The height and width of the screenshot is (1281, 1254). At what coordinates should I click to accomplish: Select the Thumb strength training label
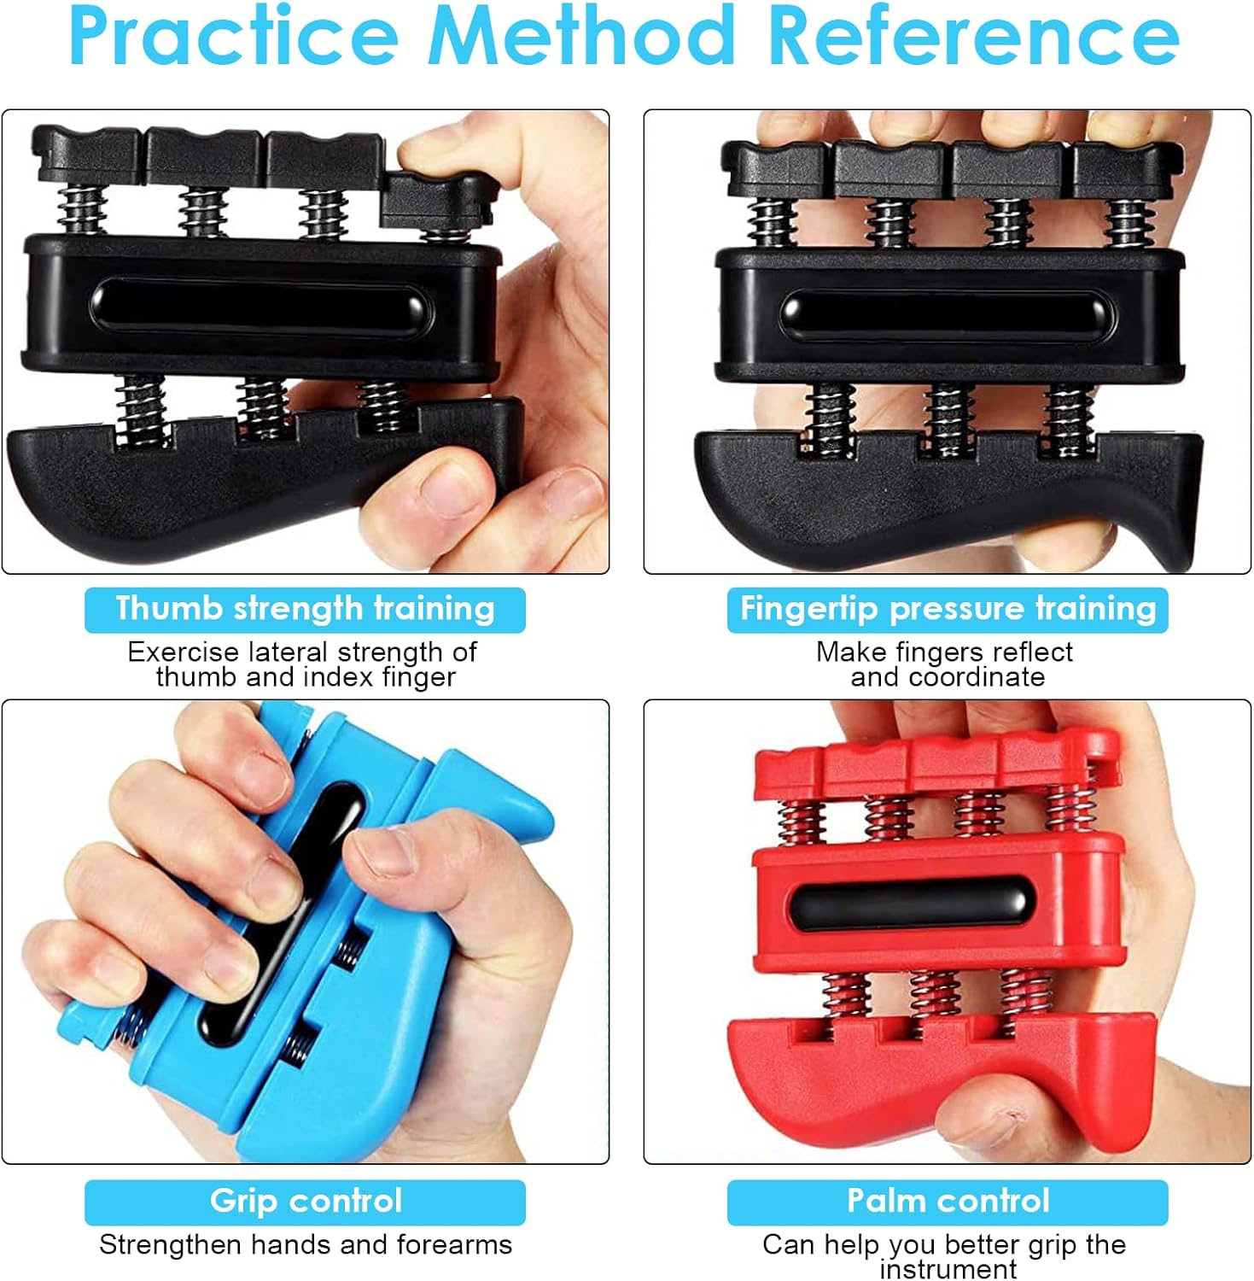305,610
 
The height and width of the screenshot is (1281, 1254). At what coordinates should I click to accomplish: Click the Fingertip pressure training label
948,610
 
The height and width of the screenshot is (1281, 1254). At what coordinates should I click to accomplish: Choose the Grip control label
305,1202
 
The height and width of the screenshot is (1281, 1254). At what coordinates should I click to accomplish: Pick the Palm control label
948,1202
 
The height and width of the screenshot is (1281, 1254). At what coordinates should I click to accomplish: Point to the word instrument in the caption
948,1269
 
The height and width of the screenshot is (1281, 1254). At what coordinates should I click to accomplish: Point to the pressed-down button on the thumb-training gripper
436,202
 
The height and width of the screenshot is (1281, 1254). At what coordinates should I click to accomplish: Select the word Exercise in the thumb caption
184,652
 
